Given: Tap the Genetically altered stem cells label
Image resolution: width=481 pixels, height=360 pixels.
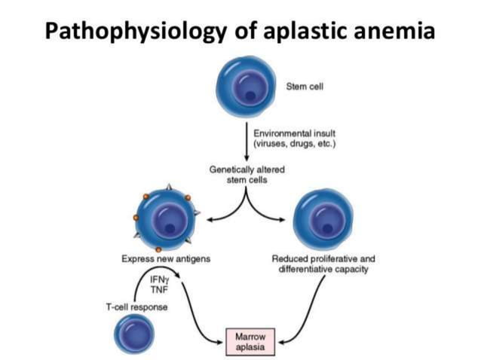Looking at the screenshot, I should click(247, 174).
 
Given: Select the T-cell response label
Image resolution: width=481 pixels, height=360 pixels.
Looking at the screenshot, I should click(136, 307).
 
